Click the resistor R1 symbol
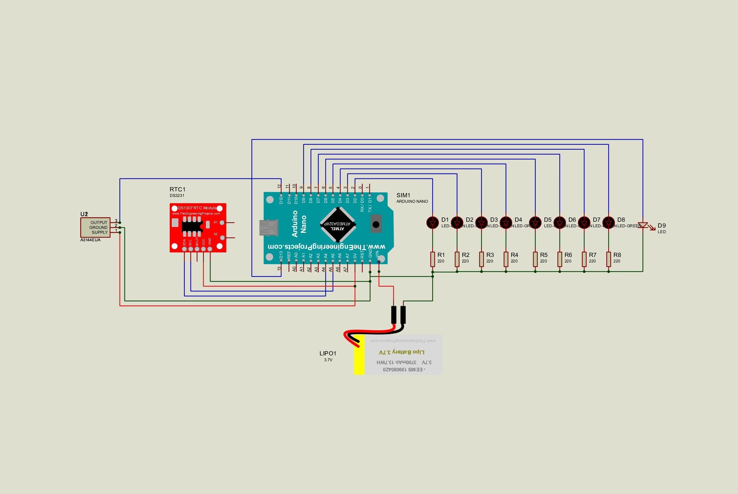click(x=432, y=259)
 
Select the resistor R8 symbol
click(x=608, y=259)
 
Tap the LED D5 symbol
click(x=535, y=222)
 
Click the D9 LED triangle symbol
click(x=643, y=225)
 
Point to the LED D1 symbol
click(x=432, y=222)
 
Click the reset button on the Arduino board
click(x=376, y=224)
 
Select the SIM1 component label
click(x=403, y=195)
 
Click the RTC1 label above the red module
click(x=177, y=189)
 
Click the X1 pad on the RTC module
click(x=222, y=222)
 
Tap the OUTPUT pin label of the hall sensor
click(x=99, y=222)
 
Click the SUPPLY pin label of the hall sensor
click(x=99, y=232)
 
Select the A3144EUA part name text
click(x=91, y=240)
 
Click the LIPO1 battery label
click(x=328, y=353)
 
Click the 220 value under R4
click(x=514, y=261)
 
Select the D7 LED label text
click(x=596, y=220)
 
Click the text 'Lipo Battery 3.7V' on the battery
click(x=402, y=352)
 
